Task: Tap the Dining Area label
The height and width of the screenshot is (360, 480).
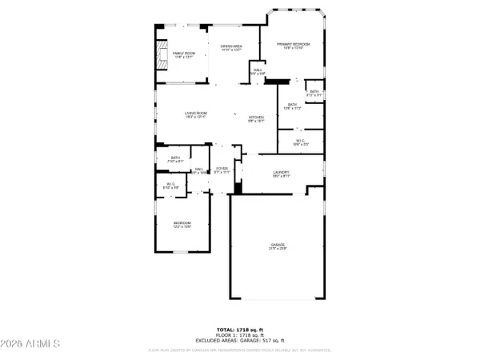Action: (232, 48)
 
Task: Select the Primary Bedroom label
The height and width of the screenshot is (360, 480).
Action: (293, 46)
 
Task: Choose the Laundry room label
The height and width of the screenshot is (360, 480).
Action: (280, 174)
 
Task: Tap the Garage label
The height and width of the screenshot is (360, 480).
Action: (278, 246)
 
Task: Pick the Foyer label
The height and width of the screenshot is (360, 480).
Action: (222, 170)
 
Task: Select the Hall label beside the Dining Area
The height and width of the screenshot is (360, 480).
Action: (258, 71)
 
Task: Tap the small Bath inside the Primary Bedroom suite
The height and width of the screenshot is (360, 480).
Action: (314, 93)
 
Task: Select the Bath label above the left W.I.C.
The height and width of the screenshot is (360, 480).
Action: (175, 159)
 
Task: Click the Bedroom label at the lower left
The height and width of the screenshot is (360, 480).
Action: (182, 224)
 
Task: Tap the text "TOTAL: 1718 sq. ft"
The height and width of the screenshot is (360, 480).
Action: (239, 329)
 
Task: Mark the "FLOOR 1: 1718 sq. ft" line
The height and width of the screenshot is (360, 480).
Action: (239, 334)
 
